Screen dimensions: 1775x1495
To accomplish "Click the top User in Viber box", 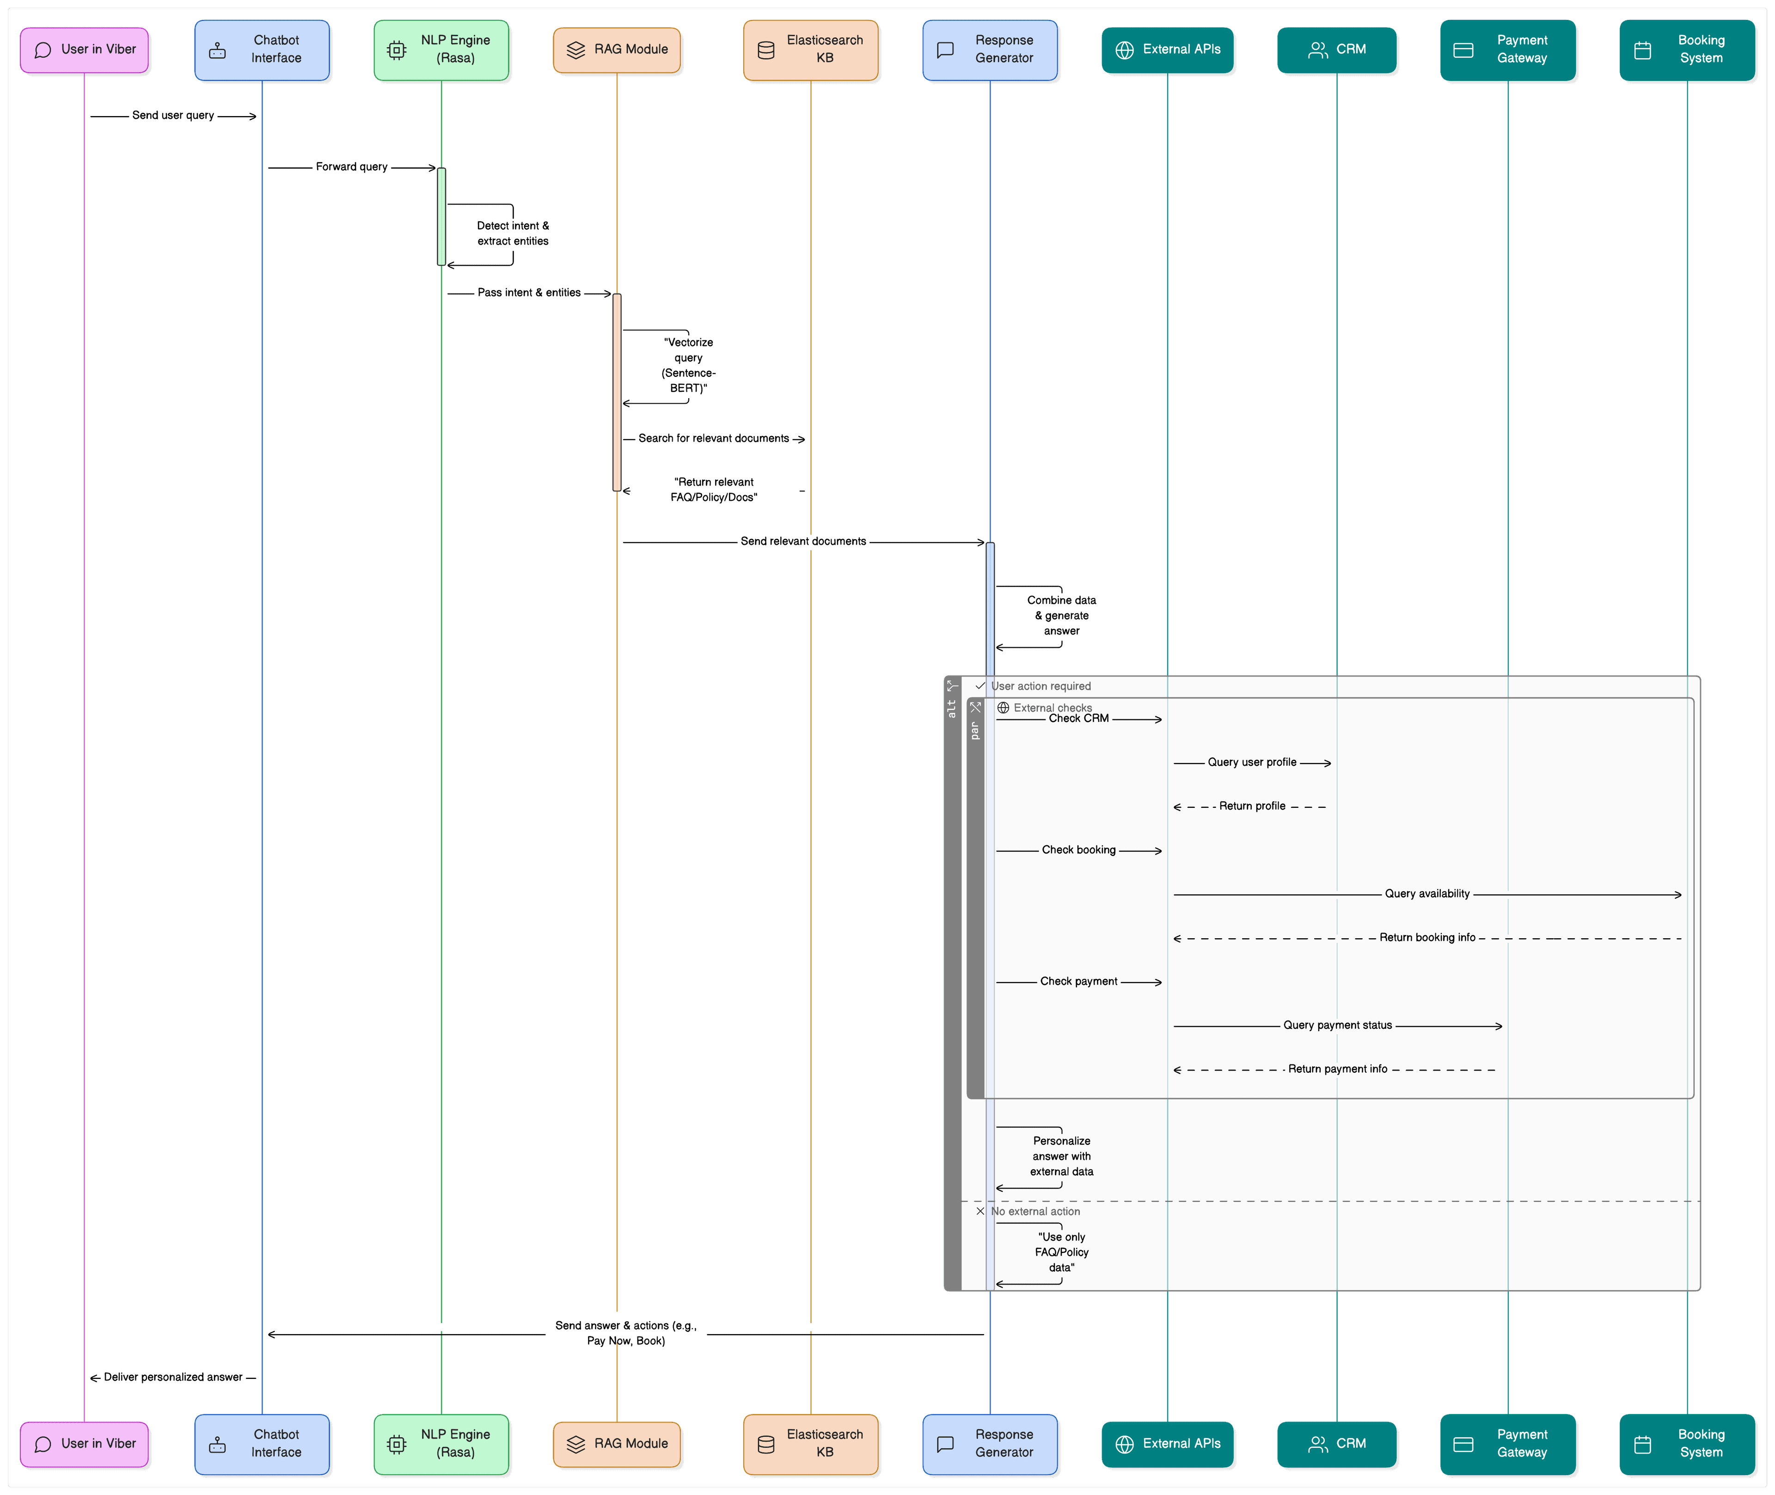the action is pyautogui.click(x=84, y=50).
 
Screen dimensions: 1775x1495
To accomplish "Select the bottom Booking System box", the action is pyautogui.click(x=1686, y=1444).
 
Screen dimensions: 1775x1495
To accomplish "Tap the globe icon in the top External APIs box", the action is pyautogui.click(x=1124, y=50).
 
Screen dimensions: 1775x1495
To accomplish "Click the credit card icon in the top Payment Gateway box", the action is pyautogui.click(x=1463, y=50).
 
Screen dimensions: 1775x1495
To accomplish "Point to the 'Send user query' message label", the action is pyautogui.click(x=173, y=115).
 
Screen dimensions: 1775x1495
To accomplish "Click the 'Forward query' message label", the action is pyautogui.click(x=352, y=167).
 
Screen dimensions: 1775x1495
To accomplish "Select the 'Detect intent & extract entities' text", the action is pyautogui.click(x=513, y=233).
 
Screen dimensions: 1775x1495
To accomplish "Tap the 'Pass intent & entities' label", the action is pyautogui.click(x=529, y=292).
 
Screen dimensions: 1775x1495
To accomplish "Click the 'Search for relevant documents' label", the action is pyautogui.click(x=713, y=438).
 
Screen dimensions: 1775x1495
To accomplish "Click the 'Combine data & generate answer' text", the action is pyautogui.click(x=1062, y=615).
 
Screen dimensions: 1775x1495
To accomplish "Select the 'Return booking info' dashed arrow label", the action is pyautogui.click(x=1427, y=937).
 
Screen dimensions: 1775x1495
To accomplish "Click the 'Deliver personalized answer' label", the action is pyautogui.click(x=173, y=1377).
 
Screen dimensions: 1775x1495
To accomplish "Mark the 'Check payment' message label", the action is pyautogui.click(x=1078, y=981).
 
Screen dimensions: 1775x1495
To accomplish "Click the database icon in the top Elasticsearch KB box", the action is pyautogui.click(x=766, y=50).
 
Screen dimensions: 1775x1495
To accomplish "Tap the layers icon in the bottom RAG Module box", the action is pyautogui.click(x=576, y=1444).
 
